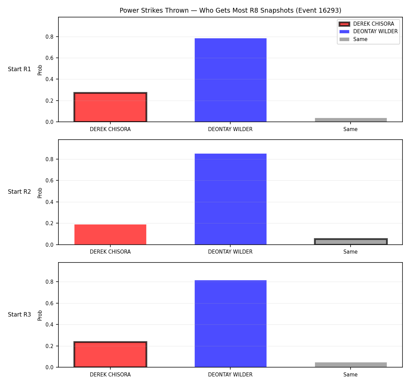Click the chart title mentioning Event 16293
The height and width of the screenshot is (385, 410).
pyautogui.click(x=230, y=10)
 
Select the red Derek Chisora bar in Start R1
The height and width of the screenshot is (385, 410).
pyautogui.click(x=110, y=107)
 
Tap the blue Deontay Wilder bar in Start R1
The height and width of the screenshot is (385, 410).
pyautogui.click(x=230, y=80)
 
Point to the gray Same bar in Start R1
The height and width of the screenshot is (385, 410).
pyautogui.click(x=351, y=120)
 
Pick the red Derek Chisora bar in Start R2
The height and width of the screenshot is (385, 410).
pyautogui.click(x=110, y=234)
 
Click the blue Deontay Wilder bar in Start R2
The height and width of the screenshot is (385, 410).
pyautogui.click(x=230, y=199)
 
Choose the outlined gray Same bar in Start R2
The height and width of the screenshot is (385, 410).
pyautogui.click(x=351, y=241)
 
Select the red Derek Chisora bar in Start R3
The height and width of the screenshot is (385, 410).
pyautogui.click(x=110, y=355)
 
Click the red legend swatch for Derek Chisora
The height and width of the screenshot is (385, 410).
pyautogui.click(x=344, y=24)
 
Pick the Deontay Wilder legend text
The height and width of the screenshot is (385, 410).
pyautogui.click(x=375, y=31)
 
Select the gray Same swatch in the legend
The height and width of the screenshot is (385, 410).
pyautogui.click(x=344, y=39)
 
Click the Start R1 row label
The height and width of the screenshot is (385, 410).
pyautogui.click(x=19, y=69)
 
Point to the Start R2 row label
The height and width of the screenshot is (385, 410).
pyautogui.click(x=19, y=192)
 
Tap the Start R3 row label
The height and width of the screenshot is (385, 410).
pyautogui.click(x=19, y=315)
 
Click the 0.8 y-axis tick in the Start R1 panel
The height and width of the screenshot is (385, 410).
pyautogui.click(x=49, y=37)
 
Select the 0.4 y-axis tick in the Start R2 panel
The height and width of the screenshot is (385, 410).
pyautogui.click(x=49, y=202)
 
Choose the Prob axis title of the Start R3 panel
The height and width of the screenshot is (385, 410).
pyautogui.click(x=40, y=315)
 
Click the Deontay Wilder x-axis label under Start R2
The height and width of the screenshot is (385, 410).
pyautogui.click(x=230, y=252)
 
